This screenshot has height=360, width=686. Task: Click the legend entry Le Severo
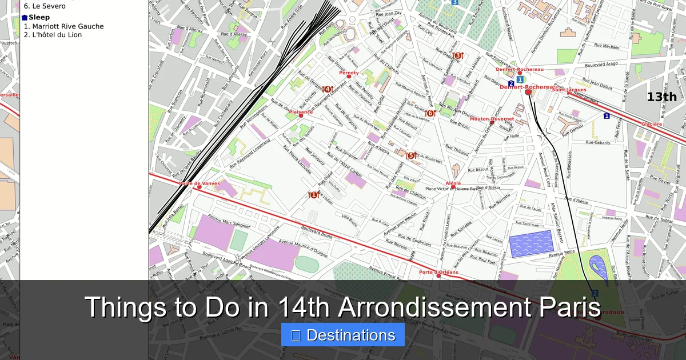coord(45,6)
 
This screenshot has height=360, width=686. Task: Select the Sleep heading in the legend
coord(39,17)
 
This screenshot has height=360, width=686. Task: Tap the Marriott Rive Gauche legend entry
coord(63,26)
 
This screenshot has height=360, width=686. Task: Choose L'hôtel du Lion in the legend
coord(53,35)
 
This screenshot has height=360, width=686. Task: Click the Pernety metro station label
coord(349,73)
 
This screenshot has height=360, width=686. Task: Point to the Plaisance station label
coord(301,112)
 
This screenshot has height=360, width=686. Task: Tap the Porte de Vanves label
coord(200,183)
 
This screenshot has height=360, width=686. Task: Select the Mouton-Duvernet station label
coord(492,119)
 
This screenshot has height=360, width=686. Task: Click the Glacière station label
coord(652,124)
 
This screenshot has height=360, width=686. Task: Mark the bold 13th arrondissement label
coord(661,97)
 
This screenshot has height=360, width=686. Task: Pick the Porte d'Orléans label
coord(438,272)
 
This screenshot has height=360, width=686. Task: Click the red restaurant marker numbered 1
coord(313,195)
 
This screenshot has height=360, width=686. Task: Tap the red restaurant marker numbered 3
coord(457,55)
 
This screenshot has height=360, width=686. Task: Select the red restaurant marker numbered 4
coord(327,89)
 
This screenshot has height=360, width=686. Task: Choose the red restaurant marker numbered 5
coord(410,155)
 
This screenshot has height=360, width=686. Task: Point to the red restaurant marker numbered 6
coord(430,113)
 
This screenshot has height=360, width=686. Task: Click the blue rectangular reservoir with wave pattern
coord(531,243)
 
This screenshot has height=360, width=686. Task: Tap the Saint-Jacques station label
coord(569,90)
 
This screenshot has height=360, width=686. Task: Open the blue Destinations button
coord(343,335)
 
